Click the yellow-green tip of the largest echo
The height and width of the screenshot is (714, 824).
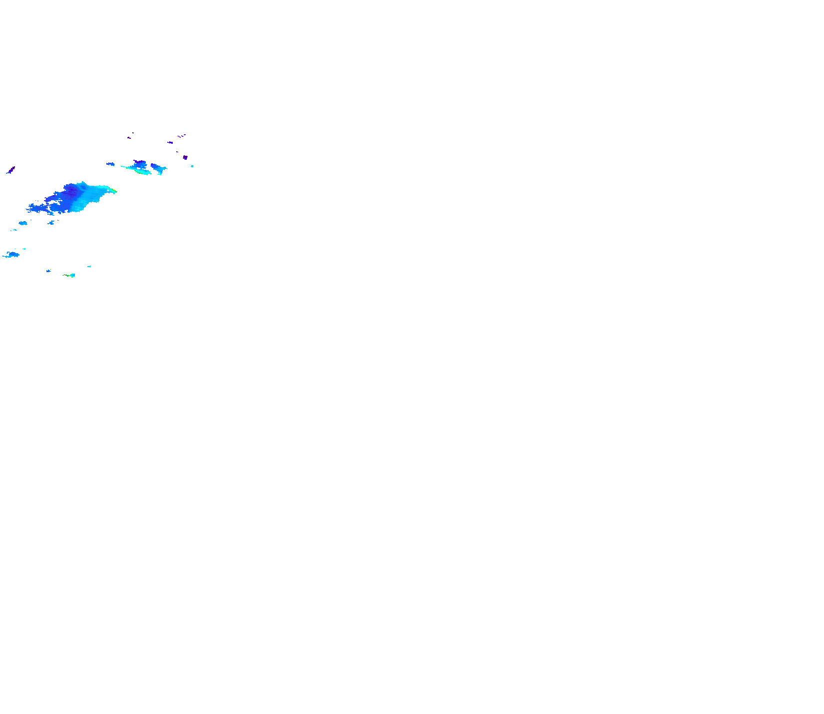click(x=114, y=190)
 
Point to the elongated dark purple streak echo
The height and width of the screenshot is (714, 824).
click(x=10, y=170)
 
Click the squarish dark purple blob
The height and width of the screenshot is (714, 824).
click(x=185, y=157)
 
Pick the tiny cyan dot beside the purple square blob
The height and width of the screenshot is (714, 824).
click(x=192, y=166)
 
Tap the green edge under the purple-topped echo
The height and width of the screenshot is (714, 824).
click(x=144, y=173)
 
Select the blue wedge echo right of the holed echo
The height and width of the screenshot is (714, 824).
click(x=158, y=168)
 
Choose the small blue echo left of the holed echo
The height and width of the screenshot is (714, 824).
click(x=110, y=164)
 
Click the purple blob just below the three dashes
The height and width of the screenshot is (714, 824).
click(x=170, y=142)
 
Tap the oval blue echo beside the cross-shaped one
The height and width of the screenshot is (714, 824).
click(x=23, y=223)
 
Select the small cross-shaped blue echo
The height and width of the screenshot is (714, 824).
click(x=51, y=223)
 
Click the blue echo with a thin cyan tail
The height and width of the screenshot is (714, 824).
click(x=12, y=255)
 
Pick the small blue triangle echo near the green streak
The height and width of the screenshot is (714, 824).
click(x=48, y=271)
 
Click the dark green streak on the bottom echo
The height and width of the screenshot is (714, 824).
click(x=66, y=275)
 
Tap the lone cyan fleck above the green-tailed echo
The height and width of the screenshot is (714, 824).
click(x=89, y=267)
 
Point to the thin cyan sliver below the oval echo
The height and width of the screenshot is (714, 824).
click(x=13, y=230)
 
